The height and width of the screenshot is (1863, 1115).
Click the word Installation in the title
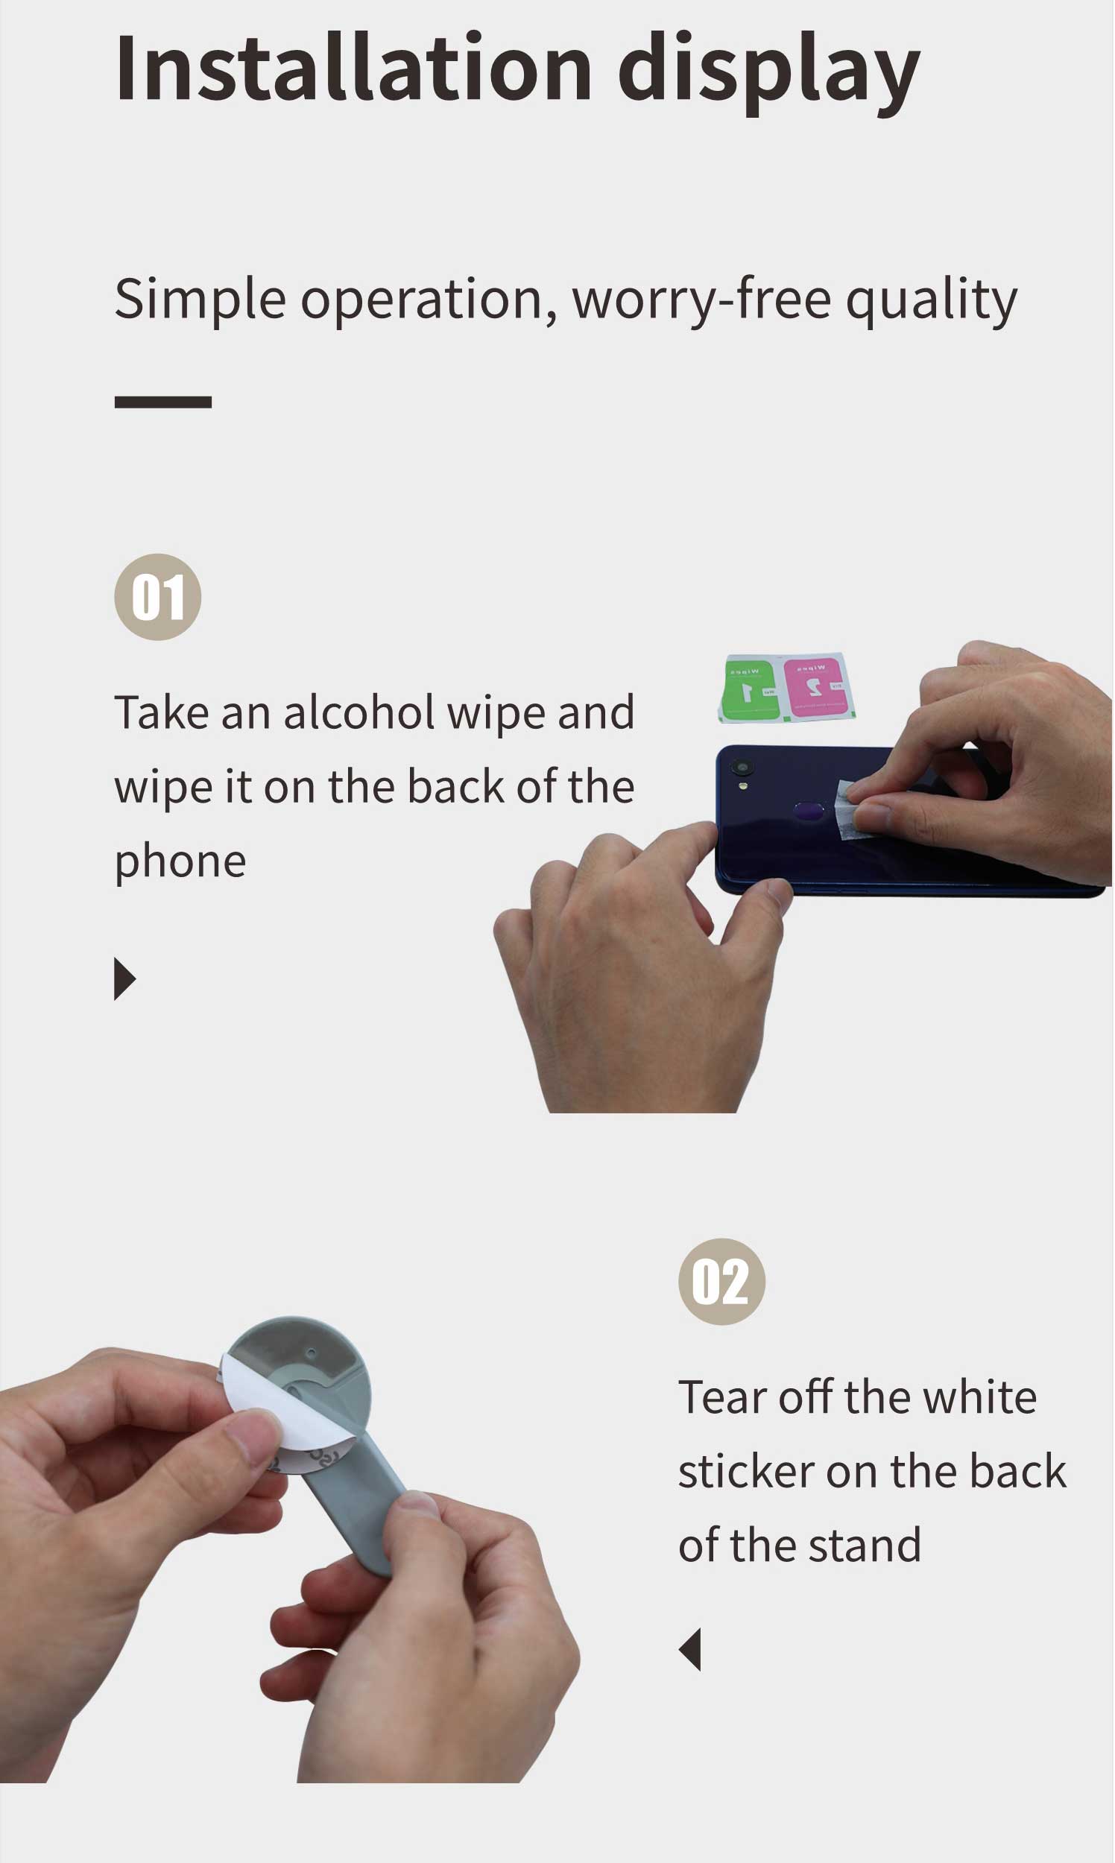coord(353,69)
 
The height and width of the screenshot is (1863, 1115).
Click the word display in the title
coord(768,72)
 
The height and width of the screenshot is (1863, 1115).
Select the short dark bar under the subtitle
coord(163,402)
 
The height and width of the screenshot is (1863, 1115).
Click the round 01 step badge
coord(158,597)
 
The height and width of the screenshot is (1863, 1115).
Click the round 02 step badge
coord(721,1282)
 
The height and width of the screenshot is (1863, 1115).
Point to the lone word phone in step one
coord(180,861)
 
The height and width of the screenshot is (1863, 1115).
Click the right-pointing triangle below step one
coord(124,979)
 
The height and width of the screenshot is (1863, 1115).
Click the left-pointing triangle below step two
coord(690,1650)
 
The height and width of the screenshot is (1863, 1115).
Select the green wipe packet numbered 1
coord(749,688)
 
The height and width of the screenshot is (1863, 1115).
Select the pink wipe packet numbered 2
coord(816,686)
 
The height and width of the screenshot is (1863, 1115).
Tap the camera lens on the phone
coord(742,767)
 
